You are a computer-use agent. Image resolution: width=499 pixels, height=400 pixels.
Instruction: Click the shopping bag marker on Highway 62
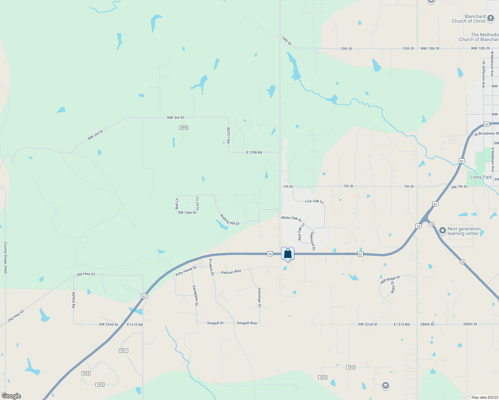pyautogui.click(x=288, y=254)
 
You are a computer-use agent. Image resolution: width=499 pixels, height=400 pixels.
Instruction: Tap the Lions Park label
pyautogui.click(x=481, y=177)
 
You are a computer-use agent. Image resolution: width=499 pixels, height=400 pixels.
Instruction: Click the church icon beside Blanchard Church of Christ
pyautogui.click(x=490, y=18)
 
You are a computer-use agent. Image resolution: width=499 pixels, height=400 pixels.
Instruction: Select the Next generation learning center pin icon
pyautogui.click(x=443, y=231)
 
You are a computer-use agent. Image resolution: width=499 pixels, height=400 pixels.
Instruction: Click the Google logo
pyautogui.click(x=11, y=396)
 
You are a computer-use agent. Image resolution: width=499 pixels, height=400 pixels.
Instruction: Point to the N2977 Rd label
pyautogui.click(x=228, y=136)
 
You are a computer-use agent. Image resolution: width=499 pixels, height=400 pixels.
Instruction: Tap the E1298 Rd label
pyautogui.click(x=254, y=152)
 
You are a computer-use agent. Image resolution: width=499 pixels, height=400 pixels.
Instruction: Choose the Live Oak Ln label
pyautogui.click(x=314, y=201)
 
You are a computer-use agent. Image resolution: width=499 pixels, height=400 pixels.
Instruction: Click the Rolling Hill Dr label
pyautogui.click(x=230, y=220)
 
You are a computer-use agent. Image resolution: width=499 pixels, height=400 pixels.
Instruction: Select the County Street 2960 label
pyautogui.click(x=5, y=258)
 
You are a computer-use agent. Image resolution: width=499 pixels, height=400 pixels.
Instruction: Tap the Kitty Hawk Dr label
pyautogui.click(x=186, y=271)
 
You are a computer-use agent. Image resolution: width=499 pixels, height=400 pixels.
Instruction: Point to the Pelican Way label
pyautogui.click(x=231, y=272)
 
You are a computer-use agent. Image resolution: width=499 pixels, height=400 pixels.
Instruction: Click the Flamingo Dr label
pyautogui.click(x=260, y=297)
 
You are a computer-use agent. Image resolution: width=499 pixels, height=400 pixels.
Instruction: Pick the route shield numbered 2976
pyautogui.click(x=183, y=128)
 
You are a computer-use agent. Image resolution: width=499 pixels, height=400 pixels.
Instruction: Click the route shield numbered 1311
pyautogui.click(x=123, y=351)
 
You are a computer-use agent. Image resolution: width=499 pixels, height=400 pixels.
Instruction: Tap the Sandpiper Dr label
pyautogui.click(x=196, y=295)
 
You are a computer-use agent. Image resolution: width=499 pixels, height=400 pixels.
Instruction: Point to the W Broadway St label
pyautogui.click(x=486, y=134)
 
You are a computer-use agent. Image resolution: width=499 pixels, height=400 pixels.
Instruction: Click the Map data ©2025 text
pyautogui.click(x=484, y=397)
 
